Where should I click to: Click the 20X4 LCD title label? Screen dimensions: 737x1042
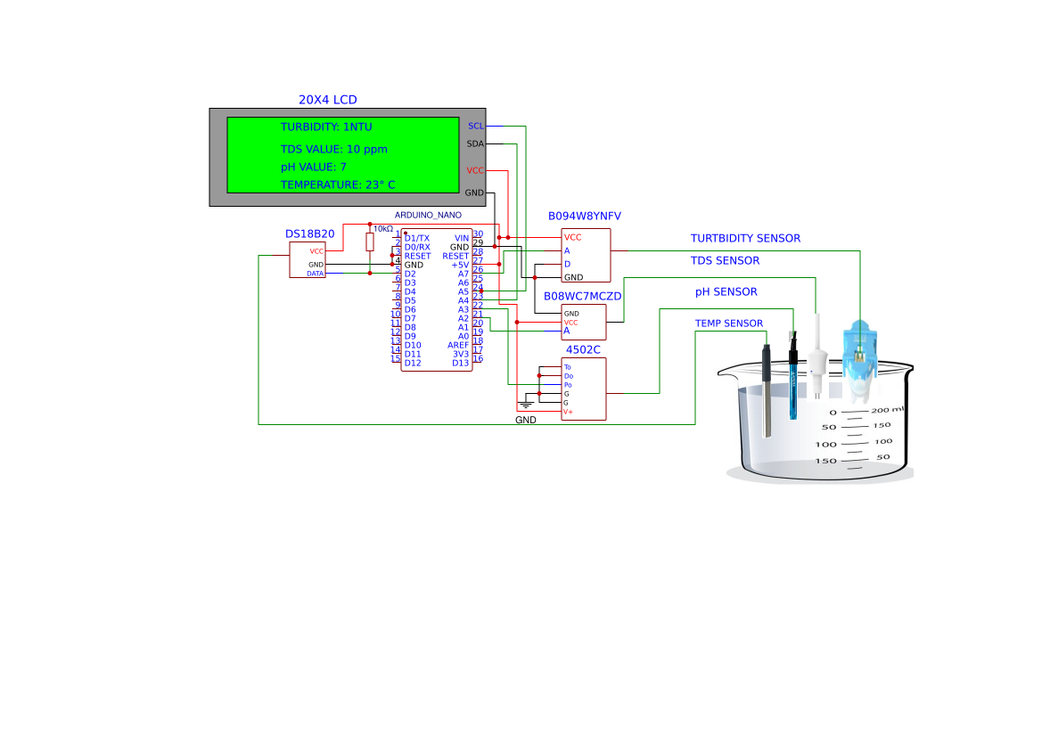(x=327, y=100)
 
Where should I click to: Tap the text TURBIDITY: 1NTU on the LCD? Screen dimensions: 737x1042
(x=326, y=127)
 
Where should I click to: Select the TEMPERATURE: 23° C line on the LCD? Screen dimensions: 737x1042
(x=338, y=185)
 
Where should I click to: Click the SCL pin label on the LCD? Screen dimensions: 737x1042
(x=475, y=126)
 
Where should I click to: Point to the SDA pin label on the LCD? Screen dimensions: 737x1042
(x=475, y=143)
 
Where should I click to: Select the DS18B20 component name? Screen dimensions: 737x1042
(x=309, y=233)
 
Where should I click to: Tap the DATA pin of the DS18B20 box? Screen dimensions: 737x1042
(x=316, y=274)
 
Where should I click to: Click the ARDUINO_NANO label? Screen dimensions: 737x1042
(x=428, y=215)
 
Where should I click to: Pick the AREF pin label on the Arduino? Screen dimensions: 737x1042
(x=458, y=345)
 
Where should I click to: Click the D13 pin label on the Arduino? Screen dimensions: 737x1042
(x=460, y=363)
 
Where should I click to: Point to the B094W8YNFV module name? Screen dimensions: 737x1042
(x=584, y=217)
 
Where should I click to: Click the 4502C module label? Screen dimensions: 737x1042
(x=583, y=348)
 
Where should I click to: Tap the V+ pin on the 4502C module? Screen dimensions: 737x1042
(x=568, y=412)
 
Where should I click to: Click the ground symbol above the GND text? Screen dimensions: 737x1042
(x=526, y=405)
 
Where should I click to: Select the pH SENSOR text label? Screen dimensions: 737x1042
(x=726, y=292)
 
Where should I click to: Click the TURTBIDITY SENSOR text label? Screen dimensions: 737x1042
(x=745, y=239)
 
